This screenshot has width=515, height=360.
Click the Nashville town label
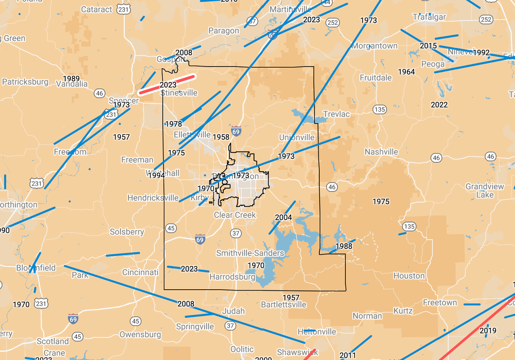[381, 152]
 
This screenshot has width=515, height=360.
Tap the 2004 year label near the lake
[283, 217]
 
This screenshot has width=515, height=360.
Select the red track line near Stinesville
[167, 84]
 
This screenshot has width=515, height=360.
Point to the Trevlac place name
[336, 114]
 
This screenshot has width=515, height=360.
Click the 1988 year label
[344, 246]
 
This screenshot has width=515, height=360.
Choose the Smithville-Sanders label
[250, 253]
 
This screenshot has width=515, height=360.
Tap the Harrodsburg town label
[232, 277]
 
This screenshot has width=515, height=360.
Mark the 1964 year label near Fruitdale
[406, 72]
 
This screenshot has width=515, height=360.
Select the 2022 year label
[439, 105]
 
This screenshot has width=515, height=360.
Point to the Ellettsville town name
[192, 134]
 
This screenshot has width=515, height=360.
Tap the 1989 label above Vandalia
[71, 78]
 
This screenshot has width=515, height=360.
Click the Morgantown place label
[374, 45]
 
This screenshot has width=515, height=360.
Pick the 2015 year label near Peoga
[428, 46]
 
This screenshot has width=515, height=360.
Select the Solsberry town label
[127, 232]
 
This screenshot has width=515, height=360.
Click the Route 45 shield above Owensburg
[136, 321]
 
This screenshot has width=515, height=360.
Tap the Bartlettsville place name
[283, 305]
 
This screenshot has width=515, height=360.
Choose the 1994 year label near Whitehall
[157, 175]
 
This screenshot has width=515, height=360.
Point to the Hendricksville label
[153, 198]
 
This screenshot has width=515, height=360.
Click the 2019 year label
[488, 330]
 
